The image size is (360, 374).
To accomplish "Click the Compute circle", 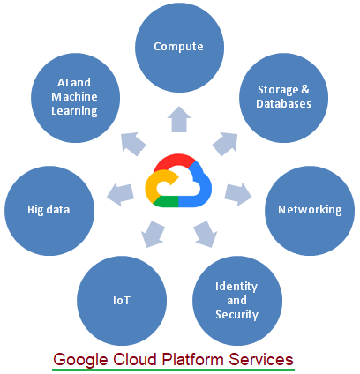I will (179, 46).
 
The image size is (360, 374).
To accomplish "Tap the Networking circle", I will (309, 209).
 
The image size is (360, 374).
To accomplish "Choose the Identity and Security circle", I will (236, 300).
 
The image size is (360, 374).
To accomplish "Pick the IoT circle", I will (122, 300).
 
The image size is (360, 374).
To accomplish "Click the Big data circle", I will (49, 209).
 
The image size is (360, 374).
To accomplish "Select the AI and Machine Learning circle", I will (74, 96).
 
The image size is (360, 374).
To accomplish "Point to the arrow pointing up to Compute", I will (179, 118).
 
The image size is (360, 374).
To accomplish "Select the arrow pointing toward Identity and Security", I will (204, 235).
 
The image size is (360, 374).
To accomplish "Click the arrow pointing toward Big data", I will (117, 191).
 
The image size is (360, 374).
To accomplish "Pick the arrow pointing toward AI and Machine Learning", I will (132, 141).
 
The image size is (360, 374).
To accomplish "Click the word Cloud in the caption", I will (136, 360).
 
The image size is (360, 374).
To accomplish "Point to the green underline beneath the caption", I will (172, 370).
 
